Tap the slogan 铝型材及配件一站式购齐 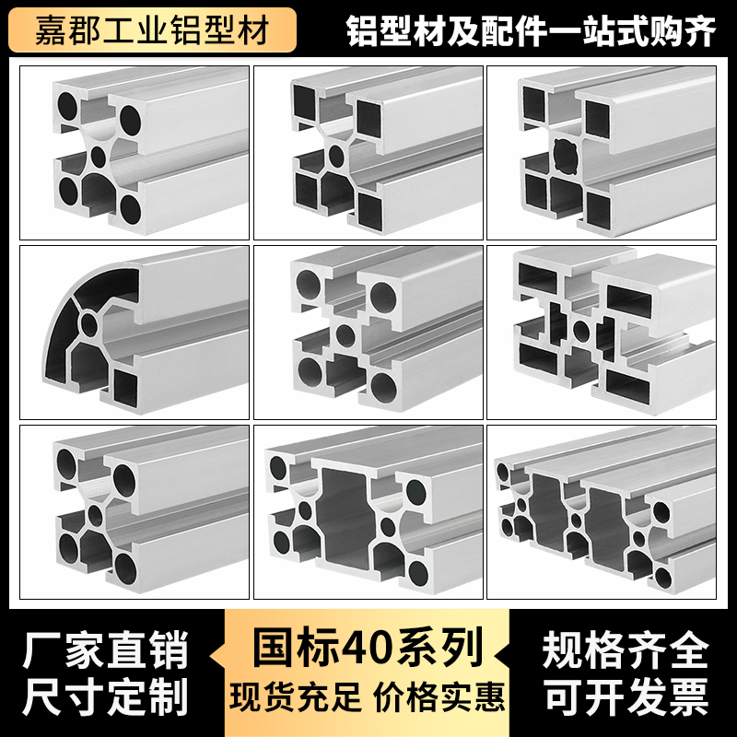[531, 29]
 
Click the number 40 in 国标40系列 [369, 648]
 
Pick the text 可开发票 [626, 697]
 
